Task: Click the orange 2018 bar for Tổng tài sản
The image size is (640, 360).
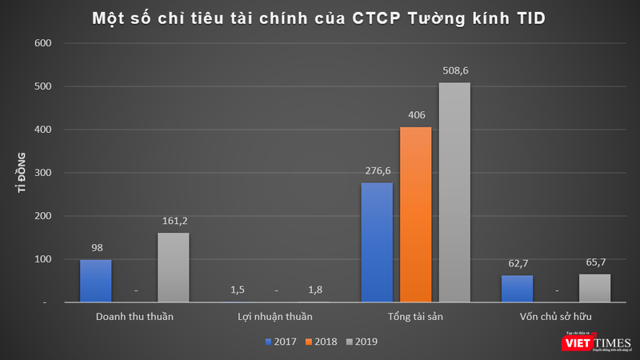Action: point(415,214)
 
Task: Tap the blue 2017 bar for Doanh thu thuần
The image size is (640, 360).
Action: point(95,281)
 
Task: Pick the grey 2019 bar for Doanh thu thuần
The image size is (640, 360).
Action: point(173,267)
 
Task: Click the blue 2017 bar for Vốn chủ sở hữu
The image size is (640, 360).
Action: point(517,289)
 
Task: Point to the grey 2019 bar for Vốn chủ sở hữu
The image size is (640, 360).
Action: point(594,288)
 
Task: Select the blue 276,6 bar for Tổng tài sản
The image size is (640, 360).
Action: point(377,242)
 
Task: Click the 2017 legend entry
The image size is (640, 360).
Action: point(281,341)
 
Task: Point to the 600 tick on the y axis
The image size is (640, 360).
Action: point(43,44)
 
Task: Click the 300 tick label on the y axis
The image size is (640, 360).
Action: point(43,173)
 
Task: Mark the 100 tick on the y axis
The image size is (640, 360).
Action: point(43,259)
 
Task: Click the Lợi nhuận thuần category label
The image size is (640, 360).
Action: point(274,317)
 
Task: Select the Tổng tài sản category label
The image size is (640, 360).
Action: point(415,317)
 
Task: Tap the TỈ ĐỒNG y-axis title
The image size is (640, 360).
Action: point(22,173)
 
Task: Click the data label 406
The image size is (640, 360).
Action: point(415,114)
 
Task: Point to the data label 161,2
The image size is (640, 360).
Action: point(173,220)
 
